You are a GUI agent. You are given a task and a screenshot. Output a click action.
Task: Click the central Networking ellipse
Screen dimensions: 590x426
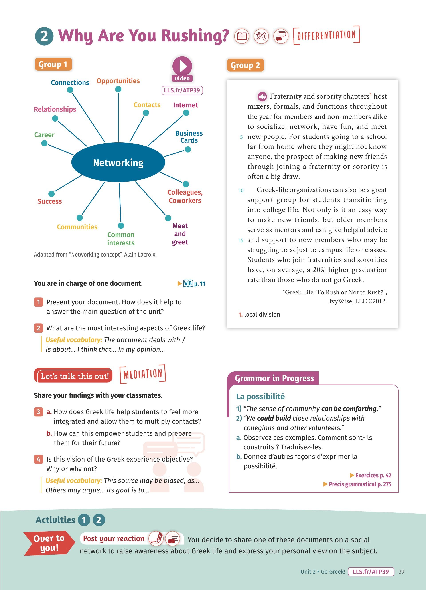pos(118,163)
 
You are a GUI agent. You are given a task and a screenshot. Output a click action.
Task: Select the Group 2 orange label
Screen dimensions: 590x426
pos(245,65)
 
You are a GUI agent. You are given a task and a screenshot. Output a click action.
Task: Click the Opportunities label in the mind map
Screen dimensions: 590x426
pos(118,81)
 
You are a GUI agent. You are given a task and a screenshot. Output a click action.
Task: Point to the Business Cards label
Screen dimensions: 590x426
pos(189,137)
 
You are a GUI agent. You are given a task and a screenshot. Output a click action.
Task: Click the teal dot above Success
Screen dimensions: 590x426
pos(51,194)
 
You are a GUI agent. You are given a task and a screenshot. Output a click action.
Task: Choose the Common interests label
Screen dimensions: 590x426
pos(121,239)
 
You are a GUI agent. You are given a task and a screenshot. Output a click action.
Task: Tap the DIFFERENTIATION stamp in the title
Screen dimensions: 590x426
pos(326,35)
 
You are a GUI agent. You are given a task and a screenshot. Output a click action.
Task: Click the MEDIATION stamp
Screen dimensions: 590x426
pos(143,374)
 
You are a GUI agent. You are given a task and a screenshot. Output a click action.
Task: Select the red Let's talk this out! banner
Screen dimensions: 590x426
pos(73,376)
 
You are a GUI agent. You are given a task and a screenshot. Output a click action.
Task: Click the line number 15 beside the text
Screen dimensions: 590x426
pos(241,240)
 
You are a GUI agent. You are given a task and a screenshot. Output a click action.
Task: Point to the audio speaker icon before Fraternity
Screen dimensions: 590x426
pos(262,96)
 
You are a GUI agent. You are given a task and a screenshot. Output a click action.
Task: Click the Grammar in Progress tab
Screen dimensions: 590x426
pos(274,378)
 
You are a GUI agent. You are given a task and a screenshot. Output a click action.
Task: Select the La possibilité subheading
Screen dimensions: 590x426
pos(260,396)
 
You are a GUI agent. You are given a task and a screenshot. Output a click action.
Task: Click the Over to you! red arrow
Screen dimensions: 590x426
pos(49,543)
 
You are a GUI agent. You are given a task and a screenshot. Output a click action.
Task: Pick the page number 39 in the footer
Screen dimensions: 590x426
pos(401,572)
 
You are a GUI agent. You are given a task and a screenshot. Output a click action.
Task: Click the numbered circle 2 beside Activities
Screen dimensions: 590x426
pos(99,520)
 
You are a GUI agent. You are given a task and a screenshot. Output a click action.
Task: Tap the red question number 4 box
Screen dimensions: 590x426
pos(38,459)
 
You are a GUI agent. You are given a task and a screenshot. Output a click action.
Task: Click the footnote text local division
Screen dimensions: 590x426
pos(262,315)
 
